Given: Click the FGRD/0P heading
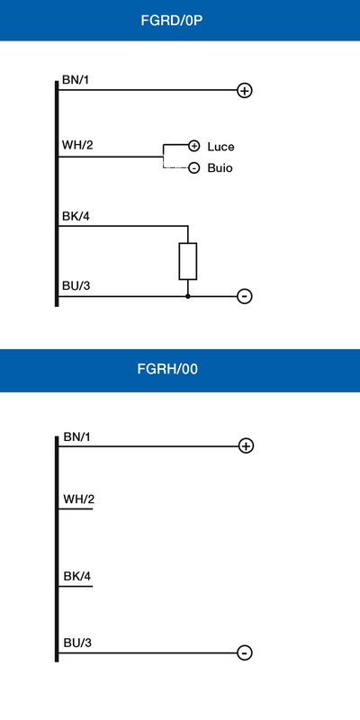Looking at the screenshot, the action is pyautogui.click(x=171, y=21).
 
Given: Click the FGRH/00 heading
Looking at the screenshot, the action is pyautogui.click(x=167, y=369).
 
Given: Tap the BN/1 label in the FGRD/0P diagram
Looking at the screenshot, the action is pyautogui.click(x=76, y=80).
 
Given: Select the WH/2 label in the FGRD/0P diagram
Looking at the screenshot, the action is pyautogui.click(x=77, y=146).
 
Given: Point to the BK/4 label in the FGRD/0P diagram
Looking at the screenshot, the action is pyautogui.click(x=76, y=216).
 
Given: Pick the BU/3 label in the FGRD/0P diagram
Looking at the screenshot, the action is pyautogui.click(x=76, y=286).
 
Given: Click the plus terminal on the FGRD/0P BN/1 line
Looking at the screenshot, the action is pyautogui.click(x=245, y=91).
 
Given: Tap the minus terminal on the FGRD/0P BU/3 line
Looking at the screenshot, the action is pyautogui.click(x=245, y=296).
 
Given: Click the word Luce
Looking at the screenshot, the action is pyautogui.click(x=220, y=147).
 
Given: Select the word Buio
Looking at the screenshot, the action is pyautogui.click(x=220, y=168).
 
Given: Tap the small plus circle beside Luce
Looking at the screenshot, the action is pyautogui.click(x=194, y=146).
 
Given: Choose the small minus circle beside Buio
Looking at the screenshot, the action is pyautogui.click(x=194, y=168).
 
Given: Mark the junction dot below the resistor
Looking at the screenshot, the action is pyautogui.click(x=188, y=296).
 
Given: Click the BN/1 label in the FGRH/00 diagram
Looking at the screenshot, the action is pyautogui.click(x=76, y=437).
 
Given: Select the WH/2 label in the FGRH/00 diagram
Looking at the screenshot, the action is pyautogui.click(x=79, y=499).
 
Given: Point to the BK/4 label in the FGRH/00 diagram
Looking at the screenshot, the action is pyautogui.click(x=77, y=576).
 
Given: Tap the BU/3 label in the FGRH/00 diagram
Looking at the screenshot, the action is pyautogui.click(x=77, y=643).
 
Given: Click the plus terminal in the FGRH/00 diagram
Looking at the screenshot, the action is pyautogui.click(x=246, y=445).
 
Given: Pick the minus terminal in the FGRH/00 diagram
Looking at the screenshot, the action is pyautogui.click(x=245, y=652).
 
